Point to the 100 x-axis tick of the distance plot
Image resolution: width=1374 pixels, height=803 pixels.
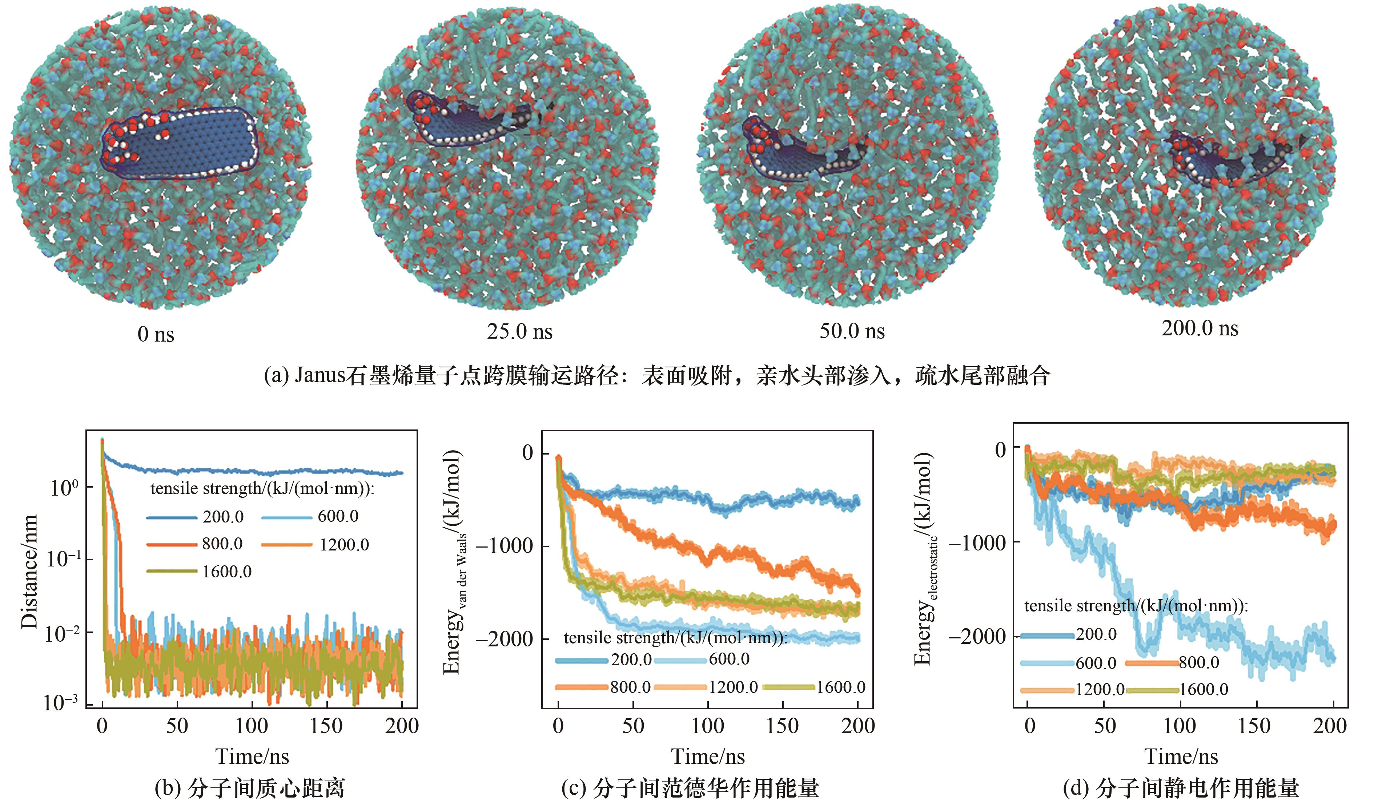252,726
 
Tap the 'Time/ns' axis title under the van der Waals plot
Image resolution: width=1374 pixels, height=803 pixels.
707,756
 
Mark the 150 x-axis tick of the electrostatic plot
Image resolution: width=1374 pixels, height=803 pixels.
1254,726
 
